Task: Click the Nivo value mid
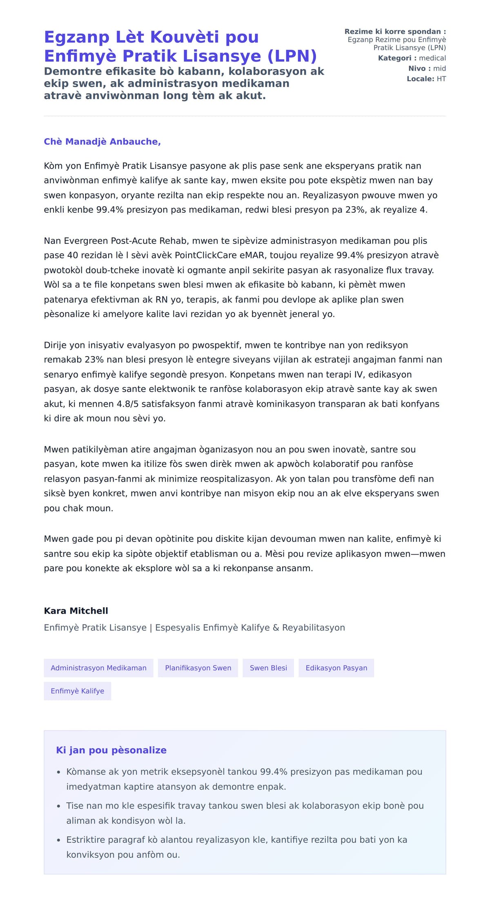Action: point(439,69)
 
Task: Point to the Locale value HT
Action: point(441,79)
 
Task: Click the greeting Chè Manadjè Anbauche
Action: point(102,142)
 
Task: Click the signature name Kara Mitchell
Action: point(76,611)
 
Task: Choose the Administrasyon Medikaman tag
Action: point(98,668)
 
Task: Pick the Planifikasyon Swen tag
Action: point(198,668)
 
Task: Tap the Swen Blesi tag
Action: point(268,668)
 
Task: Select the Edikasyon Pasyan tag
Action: point(336,668)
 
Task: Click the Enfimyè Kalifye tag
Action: point(77,691)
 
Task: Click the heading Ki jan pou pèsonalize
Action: point(111,750)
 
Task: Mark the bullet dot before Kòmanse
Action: point(59,772)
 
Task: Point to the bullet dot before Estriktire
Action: point(59,840)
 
